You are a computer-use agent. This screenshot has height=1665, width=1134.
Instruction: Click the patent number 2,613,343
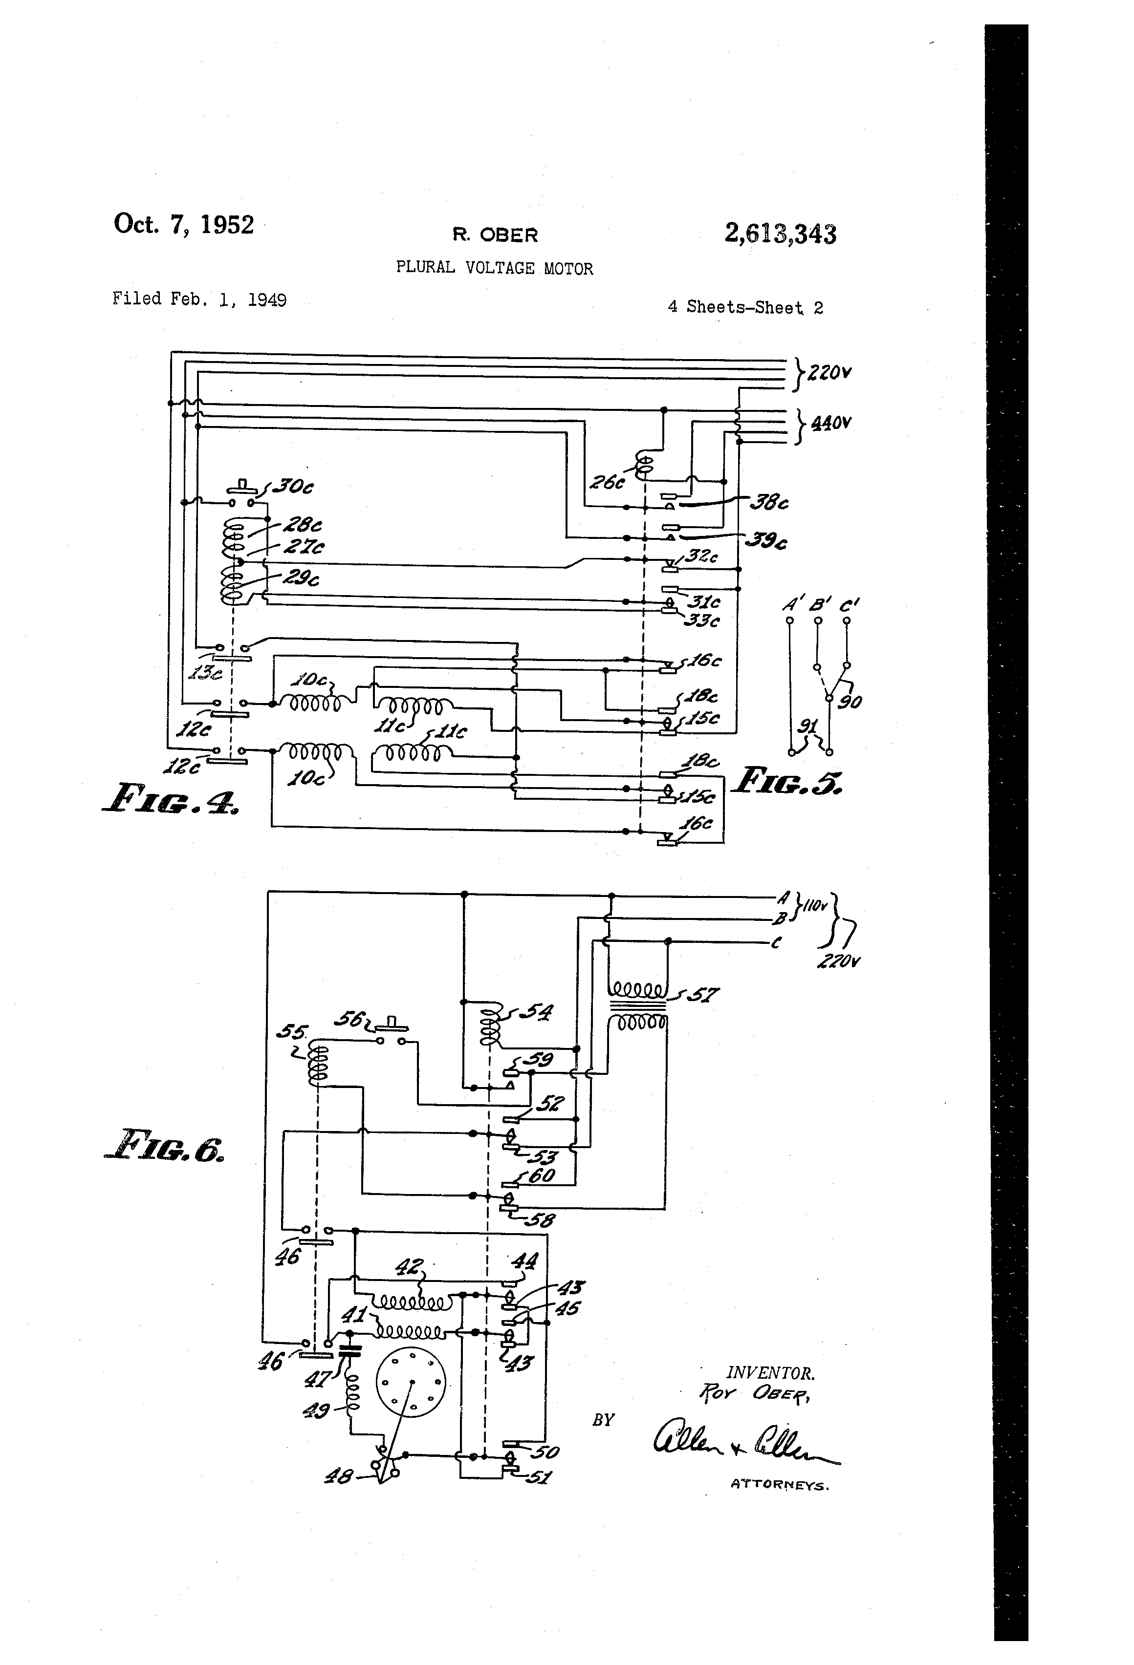pos(780,235)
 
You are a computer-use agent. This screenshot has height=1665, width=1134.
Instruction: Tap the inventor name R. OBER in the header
pos(495,235)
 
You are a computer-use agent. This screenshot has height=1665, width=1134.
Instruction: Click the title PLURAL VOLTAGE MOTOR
pos(495,269)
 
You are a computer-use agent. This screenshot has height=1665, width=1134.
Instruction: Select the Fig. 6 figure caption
pos(164,1144)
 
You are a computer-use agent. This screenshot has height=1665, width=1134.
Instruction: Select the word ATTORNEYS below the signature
pos(779,1485)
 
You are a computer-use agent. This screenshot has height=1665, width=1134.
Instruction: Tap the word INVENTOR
pos(770,1373)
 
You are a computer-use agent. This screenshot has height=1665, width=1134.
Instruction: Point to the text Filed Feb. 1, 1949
pos(199,299)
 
